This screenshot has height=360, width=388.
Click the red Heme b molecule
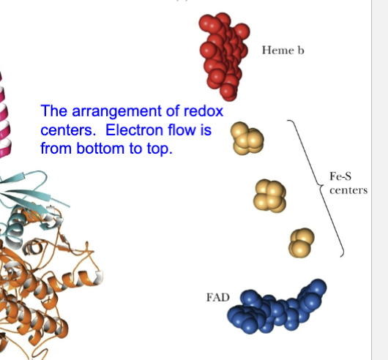pyautogui.click(x=224, y=57)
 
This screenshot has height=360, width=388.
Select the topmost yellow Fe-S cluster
pyautogui.click(x=247, y=138)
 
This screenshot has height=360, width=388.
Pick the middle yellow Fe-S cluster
pyautogui.click(x=269, y=196)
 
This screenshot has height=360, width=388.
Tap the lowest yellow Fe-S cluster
pyautogui.click(x=302, y=243)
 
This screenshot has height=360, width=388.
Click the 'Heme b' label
pyautogui.click(x=283, y=50)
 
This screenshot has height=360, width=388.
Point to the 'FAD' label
pyautogui.click(x=218, y=297)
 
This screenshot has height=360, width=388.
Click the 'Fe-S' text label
pyautogui.click(x=340, y=176)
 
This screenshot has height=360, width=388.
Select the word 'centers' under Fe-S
pyautogui.click(x=348, y=190)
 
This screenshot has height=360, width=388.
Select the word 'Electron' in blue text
pyautogui.click(x=135, y=130)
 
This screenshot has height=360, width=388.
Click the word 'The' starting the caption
pyautogui.click(x=54, y=110)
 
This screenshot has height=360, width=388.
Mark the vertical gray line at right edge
pyautogui.click(x=371, y=180)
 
